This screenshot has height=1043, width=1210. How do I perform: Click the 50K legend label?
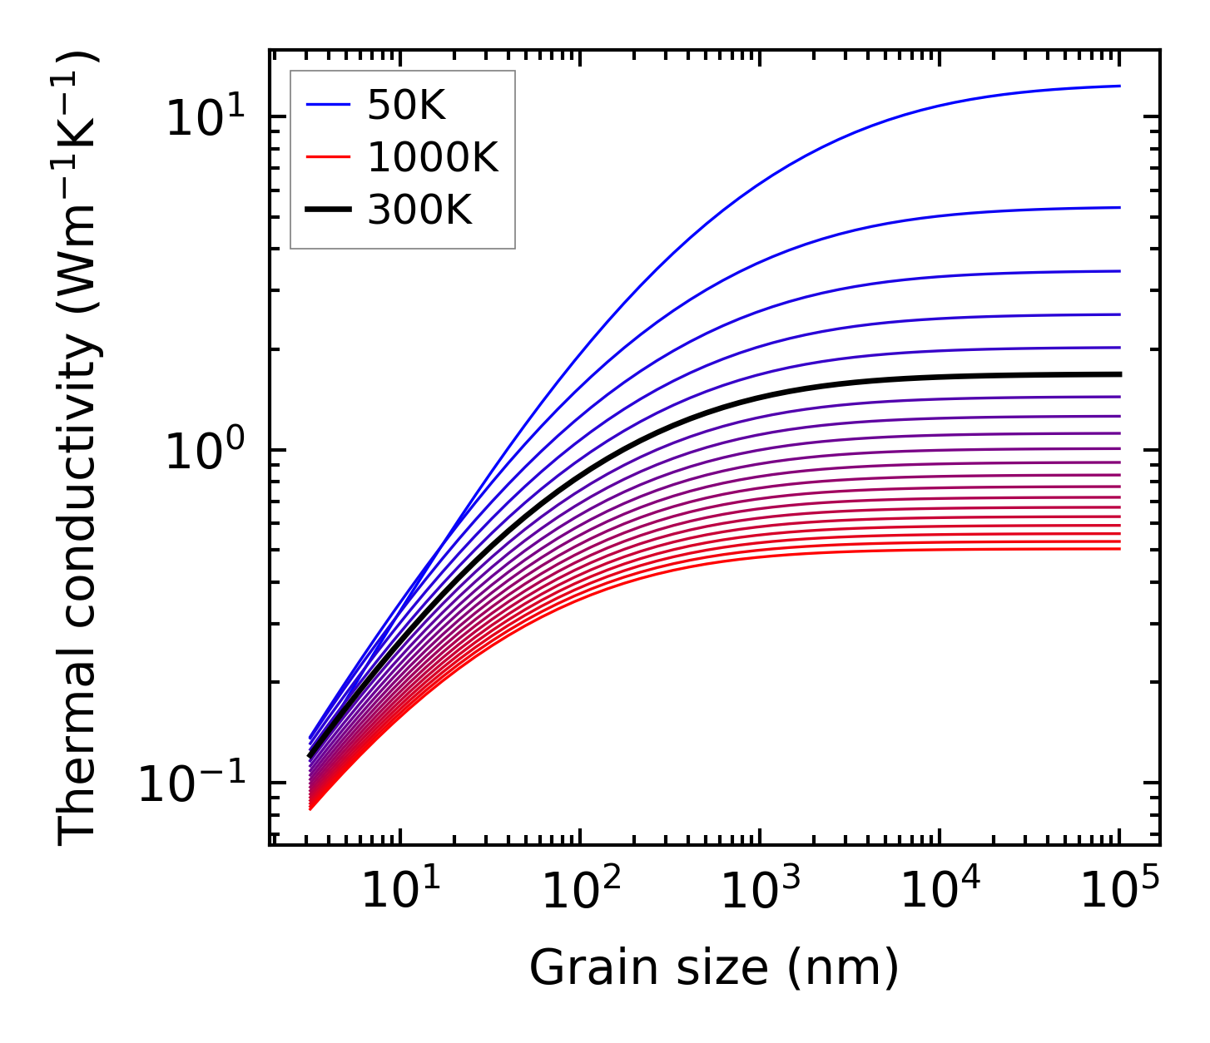(x=406, y=106)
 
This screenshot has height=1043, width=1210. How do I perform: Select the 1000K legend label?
(x=433, y=158)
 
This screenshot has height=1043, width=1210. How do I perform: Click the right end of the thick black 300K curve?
(x=1119, y=374)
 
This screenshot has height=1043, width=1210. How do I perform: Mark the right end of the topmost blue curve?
(x=1119, y=86)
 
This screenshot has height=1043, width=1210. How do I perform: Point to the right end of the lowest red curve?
(x=1119, y=549)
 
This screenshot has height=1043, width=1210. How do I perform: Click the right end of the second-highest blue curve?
(x=1119, y=207)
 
